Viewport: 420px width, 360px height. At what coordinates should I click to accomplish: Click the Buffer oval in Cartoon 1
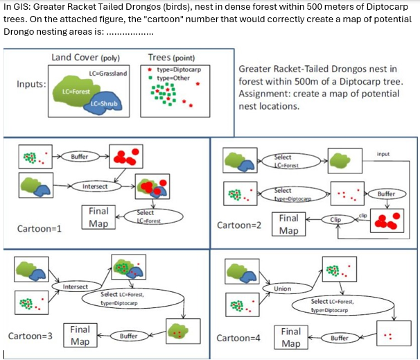pos(80,157)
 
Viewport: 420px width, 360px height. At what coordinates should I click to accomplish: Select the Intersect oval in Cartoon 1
pos(95,186)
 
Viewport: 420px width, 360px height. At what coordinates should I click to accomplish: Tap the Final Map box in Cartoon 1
pos(98,217)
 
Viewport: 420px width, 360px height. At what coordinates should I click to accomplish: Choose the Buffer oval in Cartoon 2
pos(386,194)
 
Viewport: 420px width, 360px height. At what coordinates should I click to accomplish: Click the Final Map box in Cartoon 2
pos(289,223)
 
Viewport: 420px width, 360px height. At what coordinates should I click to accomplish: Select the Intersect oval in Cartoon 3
pos(76,286)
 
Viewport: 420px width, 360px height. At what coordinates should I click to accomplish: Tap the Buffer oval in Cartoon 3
pos(129,336)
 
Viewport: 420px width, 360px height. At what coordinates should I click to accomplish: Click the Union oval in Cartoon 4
pos(282,289)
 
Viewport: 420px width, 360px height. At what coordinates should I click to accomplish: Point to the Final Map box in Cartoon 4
pos(291,338)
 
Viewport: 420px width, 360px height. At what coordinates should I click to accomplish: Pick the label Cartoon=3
pos(30,336)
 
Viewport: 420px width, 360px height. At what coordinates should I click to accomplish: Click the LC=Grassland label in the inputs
pos(109,74)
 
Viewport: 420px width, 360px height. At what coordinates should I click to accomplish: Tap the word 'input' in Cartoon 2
pos(383,153)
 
